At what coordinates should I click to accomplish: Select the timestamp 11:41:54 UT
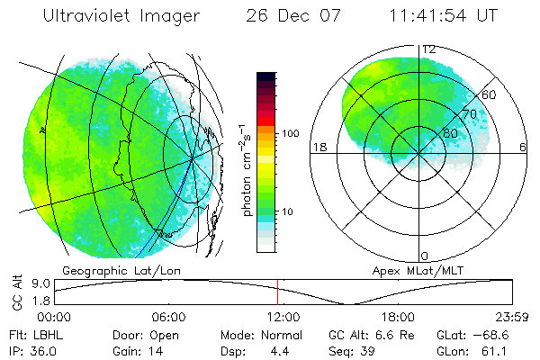coord(441,16)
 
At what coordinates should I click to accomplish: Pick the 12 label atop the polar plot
coord(429,49)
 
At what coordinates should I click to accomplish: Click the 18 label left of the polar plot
coord(319,147)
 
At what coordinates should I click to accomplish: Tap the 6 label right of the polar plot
coord(523,147)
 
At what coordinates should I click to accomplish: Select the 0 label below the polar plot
coord(425,256)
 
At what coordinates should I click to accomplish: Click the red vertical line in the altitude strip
coord(278,291)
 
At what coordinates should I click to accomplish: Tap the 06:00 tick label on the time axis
coord(168,317)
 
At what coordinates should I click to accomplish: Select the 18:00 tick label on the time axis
coord(398,317)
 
